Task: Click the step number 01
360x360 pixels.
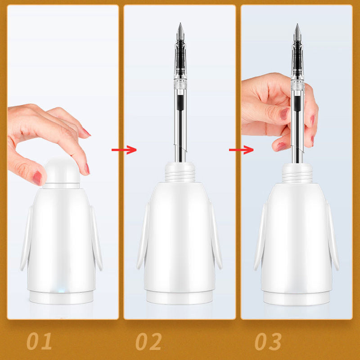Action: click(x=39, y=341)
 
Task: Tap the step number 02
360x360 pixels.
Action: click(x=148, y=341)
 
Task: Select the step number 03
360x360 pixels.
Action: click(x=268, y=341)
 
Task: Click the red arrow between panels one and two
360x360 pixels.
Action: click(x=124, y=150)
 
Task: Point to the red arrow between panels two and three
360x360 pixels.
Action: click(x=241, y=150)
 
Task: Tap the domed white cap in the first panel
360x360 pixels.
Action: click(x=62, y=171)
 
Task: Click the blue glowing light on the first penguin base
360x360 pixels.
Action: click(x=61, y=291)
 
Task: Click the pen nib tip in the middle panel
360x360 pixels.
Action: click(x=180, y=23)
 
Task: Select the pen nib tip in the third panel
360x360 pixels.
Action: click(x=297, y=24)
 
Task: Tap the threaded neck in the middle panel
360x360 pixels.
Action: click(x=180, y=172)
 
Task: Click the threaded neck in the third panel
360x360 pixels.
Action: click(x=297, y=173)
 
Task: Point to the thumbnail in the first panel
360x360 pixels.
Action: click(x=37, y=178)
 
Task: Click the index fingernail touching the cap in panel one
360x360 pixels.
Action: click(x=87, y=169)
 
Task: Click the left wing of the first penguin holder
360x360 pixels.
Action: click(x=26, y=238)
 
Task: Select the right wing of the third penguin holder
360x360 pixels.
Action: click(x=333, y=237)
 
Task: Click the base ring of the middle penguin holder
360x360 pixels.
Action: click(x=179, y=297)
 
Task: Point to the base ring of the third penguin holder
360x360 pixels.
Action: click(x=297, y=298)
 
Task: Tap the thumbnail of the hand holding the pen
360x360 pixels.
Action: click(x=285, y=114)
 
